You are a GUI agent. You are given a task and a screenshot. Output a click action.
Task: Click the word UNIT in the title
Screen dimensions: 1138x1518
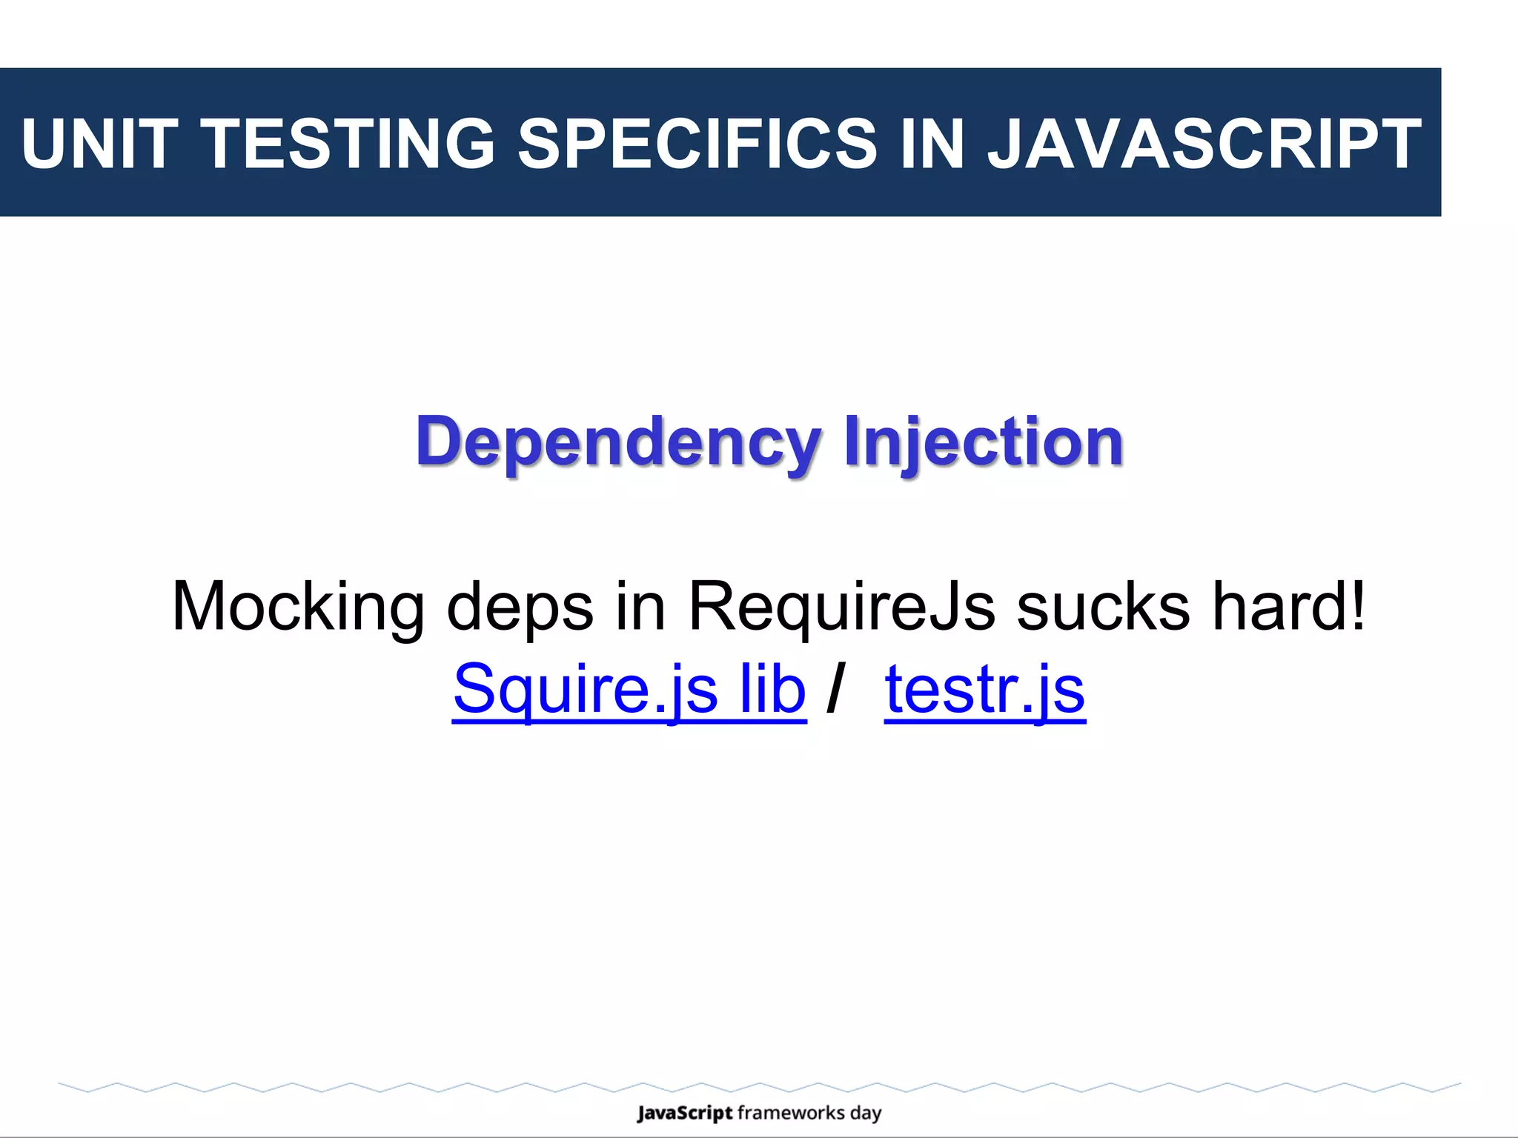click(x=99, y=143)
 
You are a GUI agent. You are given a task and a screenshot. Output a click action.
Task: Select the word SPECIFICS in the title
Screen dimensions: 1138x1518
click(x=697, y=143)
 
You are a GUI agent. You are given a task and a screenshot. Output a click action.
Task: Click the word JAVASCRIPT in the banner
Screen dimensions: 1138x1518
click(x=1204, y=143)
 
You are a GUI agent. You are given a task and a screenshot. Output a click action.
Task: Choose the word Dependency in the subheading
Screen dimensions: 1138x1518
click(x=618, y=443)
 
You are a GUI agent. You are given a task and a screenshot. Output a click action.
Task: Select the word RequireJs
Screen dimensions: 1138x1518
click(x=841, y=607)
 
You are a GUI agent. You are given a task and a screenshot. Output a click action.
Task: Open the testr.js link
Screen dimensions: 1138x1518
click(x=984, y=690)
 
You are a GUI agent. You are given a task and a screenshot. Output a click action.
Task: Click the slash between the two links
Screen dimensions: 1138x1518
click(x=835, y=688)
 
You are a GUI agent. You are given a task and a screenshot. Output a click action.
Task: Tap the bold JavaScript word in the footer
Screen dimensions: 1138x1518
click(x=684, y=1114)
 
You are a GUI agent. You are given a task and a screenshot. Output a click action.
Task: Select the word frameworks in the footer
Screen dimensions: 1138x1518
click(x=791, y=1113)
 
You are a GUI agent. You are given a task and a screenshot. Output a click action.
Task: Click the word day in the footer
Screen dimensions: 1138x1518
click(x=866, y=1114)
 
